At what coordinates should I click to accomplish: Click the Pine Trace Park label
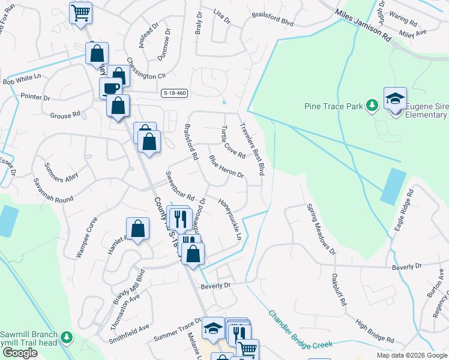coord(334,106)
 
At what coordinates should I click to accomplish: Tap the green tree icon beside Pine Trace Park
coord(372,106)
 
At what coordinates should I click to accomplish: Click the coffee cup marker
coord(110,88)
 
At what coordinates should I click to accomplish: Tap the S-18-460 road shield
coord(175,93)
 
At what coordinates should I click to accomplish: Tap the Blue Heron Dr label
coord(226,167)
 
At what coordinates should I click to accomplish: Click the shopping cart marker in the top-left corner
coord(80,12)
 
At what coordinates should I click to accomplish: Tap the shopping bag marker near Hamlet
coord(137,228)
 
